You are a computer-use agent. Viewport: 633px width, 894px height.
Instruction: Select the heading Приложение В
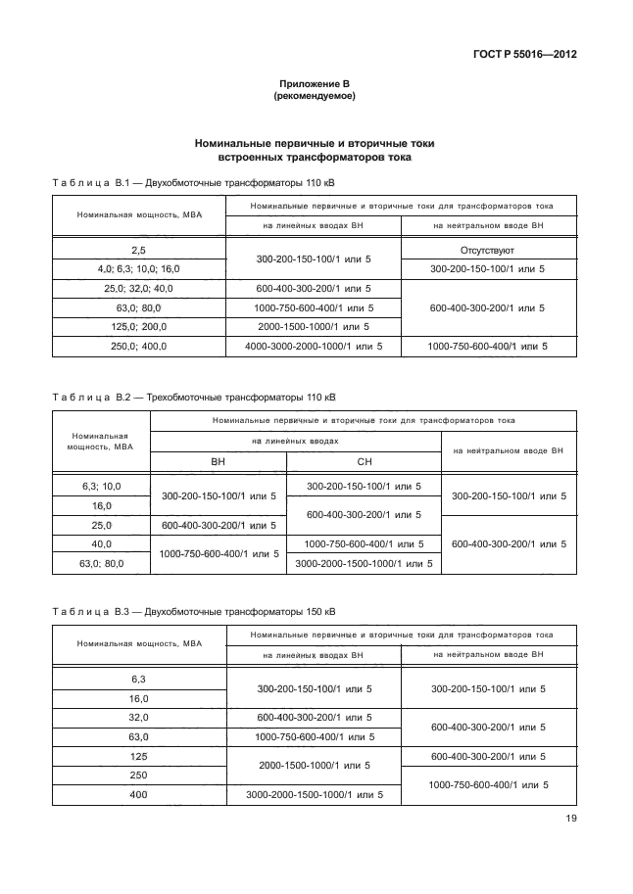(x=315, y=84)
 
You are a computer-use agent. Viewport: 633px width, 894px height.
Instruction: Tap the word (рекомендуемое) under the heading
(x=315, y=97)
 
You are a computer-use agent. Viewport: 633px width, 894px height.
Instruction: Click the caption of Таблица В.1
(x=195, y=182)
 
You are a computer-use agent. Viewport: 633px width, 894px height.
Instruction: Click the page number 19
(x=569, y=821)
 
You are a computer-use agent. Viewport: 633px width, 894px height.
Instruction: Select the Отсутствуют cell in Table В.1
(x=487, y=251)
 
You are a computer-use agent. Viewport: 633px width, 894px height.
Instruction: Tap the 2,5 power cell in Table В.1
(x=137, y=251)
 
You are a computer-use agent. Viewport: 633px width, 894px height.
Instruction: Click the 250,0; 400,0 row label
(x=137, y=346)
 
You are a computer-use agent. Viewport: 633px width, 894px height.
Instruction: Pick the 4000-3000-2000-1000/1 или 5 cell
(x=314, y=346)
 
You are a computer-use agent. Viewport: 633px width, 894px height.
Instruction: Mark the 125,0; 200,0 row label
(x=137, y=326)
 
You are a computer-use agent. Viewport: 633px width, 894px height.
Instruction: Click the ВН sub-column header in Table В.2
(x=218, y=461)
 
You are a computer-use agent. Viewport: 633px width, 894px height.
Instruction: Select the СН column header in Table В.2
(x=364, y=461)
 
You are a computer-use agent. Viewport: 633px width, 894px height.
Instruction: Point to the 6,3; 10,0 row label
(x=101, y=486)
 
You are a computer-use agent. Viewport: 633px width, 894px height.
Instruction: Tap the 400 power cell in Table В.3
(x=137, y=794)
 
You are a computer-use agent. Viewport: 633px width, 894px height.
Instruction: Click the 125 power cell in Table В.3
(x=137, y=756)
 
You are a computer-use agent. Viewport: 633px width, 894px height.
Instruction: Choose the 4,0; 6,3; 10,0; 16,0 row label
(x=137, y=268)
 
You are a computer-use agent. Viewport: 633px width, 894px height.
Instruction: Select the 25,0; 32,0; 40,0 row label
(x=137, y=288)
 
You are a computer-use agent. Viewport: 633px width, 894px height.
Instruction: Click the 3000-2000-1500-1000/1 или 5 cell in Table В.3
(x=314, y=794)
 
